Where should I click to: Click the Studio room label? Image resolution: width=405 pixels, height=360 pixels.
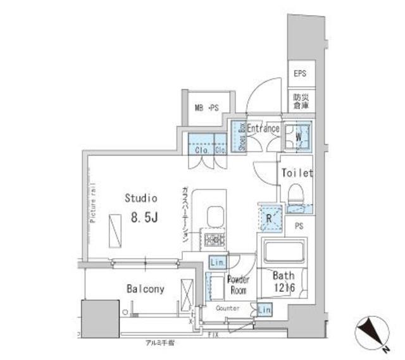click(x=140, y=199)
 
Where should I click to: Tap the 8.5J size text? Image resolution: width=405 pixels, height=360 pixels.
click(x=144, y=218)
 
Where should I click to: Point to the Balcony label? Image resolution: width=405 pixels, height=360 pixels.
click(x=146, y=289)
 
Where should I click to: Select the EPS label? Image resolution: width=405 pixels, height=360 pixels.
click(x=299, y=74)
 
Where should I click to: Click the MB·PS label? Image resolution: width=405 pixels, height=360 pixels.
click(x=205, y=107)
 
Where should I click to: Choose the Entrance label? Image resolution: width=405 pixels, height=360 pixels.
click(x=263, y=128)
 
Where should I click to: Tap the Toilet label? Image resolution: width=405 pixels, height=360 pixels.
click(x=297, y=172)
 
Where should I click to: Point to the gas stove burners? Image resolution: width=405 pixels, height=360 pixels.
click(x=213, y=240)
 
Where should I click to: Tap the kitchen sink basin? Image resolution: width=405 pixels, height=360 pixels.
click(x=214, y=216)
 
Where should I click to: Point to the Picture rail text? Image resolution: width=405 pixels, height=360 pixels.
click(x=92, y=202)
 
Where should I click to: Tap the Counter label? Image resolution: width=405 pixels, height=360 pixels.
click(x=227, y=308)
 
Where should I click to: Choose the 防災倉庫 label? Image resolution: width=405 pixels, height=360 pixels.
click(x=299, y=103)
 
